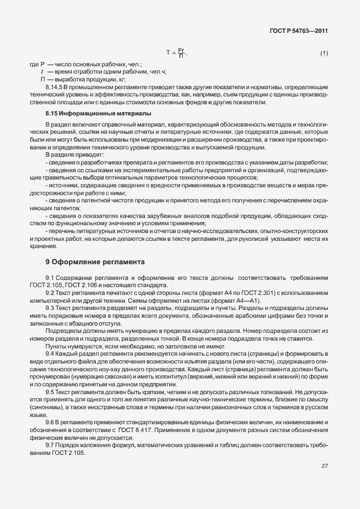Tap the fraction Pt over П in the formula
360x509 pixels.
(x=181, y=52)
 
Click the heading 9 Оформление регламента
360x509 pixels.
(x=95, y=261)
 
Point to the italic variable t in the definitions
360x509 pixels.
(x=42, y=72)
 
